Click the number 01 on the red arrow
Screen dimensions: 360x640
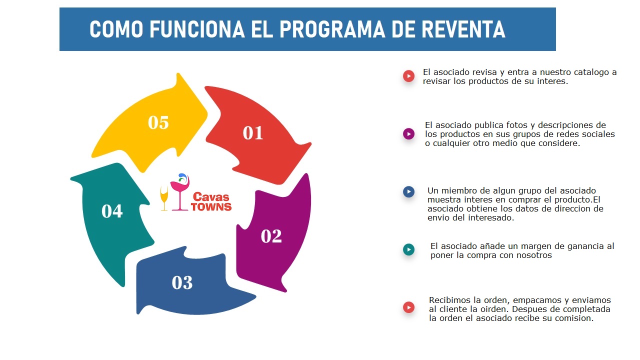253,133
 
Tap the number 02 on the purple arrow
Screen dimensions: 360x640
271,236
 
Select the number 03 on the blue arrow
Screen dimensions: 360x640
182,283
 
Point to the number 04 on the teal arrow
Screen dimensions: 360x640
112,211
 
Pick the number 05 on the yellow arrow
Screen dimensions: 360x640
158,122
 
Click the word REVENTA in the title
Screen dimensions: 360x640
463,30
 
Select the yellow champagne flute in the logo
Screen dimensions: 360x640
164,198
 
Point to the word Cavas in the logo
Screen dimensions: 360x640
211,196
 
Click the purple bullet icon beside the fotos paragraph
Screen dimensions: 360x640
408,134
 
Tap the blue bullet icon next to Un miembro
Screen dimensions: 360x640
408,192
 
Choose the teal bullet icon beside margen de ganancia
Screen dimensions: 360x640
408,249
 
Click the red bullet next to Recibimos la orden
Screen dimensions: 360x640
408,307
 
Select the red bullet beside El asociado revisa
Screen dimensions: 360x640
408,76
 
